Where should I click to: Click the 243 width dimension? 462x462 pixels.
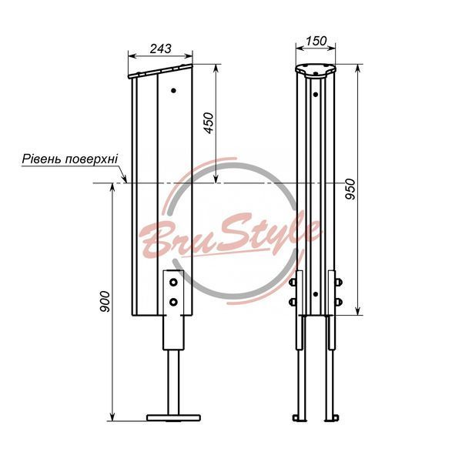pyautogui.click(x=160, y=49)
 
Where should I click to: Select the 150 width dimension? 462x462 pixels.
pyautogui.click(x=316, y=41)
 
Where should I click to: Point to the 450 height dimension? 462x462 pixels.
pyautogui.click(x=209, y=123)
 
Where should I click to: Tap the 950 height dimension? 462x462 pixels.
pyautogui.click(x=350, y=189)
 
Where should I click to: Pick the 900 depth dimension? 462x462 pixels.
pyautogui.click(x=105, y=302)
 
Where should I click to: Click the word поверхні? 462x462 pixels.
pyautogui.click(x=91, y=159)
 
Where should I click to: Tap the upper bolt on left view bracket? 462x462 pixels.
pyautogui.click(x=173, y=283)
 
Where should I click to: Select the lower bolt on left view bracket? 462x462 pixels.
pyautogui.click(x=173, y=302)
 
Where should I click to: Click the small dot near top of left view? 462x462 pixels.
pyautogui.click(x=173, y=90)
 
